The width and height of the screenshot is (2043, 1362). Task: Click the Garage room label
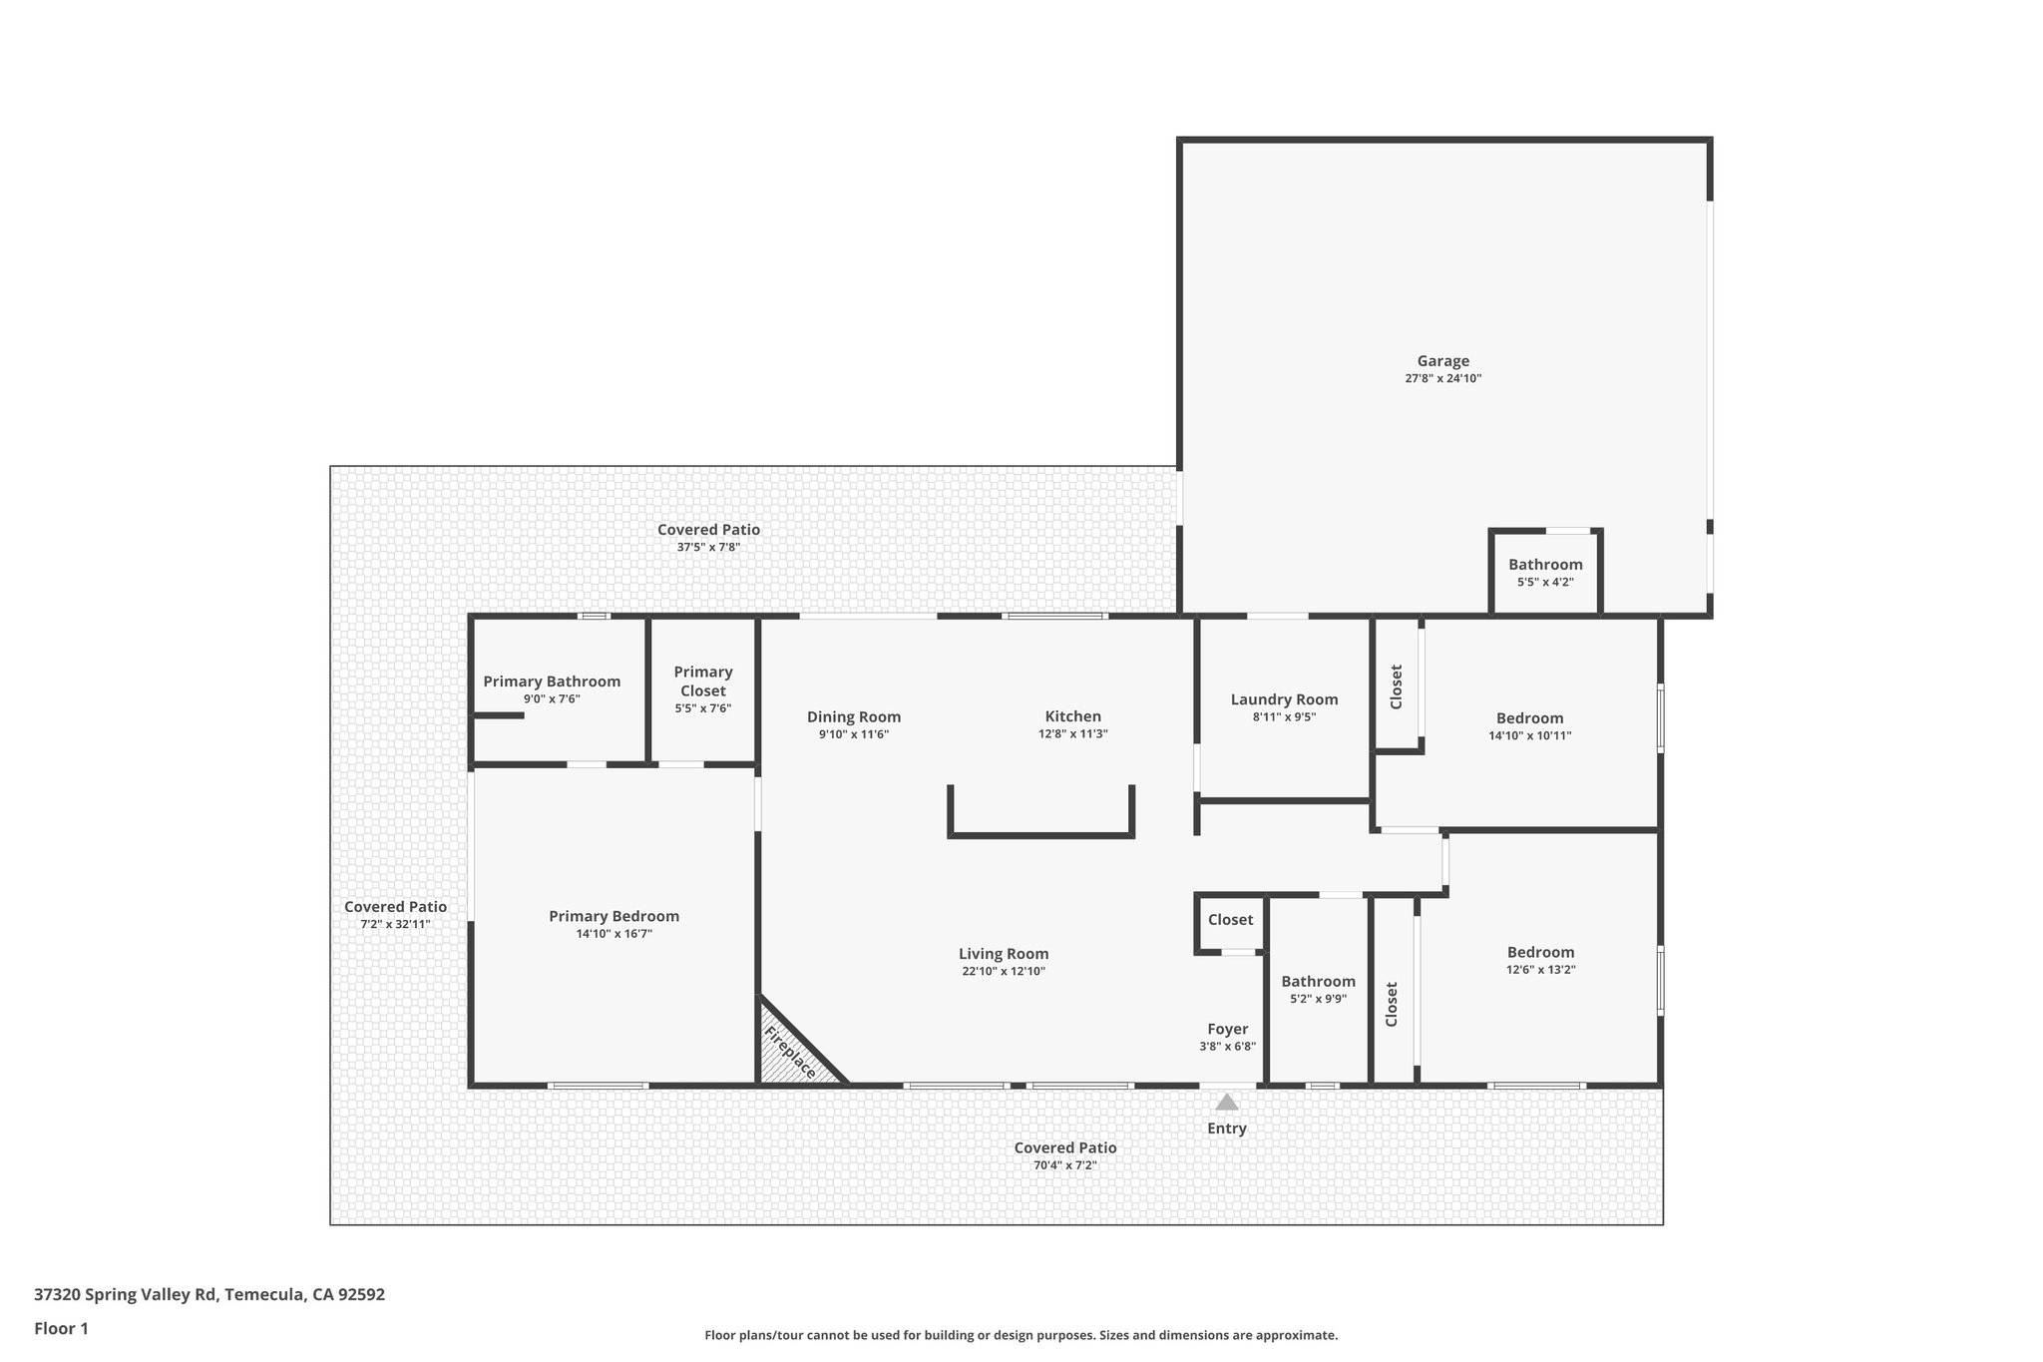tap(1442, 361)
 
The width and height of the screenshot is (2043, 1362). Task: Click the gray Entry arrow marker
tap(1227, 1102)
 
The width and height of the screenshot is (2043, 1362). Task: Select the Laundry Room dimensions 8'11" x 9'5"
tap(1284, 716)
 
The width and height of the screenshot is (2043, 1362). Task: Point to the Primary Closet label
tap(702, 681)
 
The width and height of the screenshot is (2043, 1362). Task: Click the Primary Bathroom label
tap(552, 681)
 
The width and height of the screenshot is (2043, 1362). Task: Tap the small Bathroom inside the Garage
tap(1545, 565)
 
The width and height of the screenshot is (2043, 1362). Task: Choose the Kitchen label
tap(1072, 716)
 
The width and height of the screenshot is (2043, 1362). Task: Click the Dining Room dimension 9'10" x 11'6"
tap(853, 734)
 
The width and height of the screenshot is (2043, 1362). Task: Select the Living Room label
tap(1003, 954)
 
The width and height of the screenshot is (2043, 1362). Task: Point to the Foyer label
tap(1227, 1029)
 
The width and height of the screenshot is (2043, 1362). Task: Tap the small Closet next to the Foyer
tap(1230, 920)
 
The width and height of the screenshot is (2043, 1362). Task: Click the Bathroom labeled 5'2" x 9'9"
tap(1318, 982)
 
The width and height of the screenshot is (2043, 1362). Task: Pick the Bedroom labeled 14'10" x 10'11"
tap(1529, 718)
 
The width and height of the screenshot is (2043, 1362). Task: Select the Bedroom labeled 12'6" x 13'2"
tap(1540, 952)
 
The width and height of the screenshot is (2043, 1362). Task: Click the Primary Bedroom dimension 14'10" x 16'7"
tap(613, 934)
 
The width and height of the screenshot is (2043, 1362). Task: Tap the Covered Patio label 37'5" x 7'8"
tap(708, 530)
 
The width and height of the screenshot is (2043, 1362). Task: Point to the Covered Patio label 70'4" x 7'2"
tap(1064, 1147)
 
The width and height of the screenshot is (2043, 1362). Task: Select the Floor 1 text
tap(61, 1328)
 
